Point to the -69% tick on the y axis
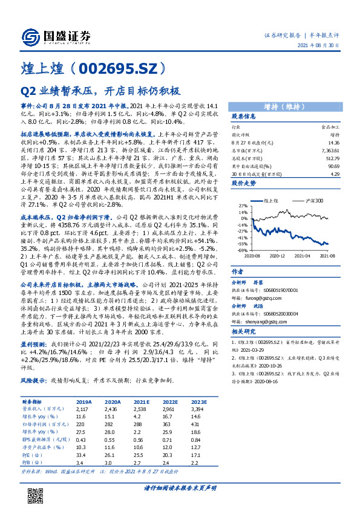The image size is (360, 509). coord(241,250)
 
